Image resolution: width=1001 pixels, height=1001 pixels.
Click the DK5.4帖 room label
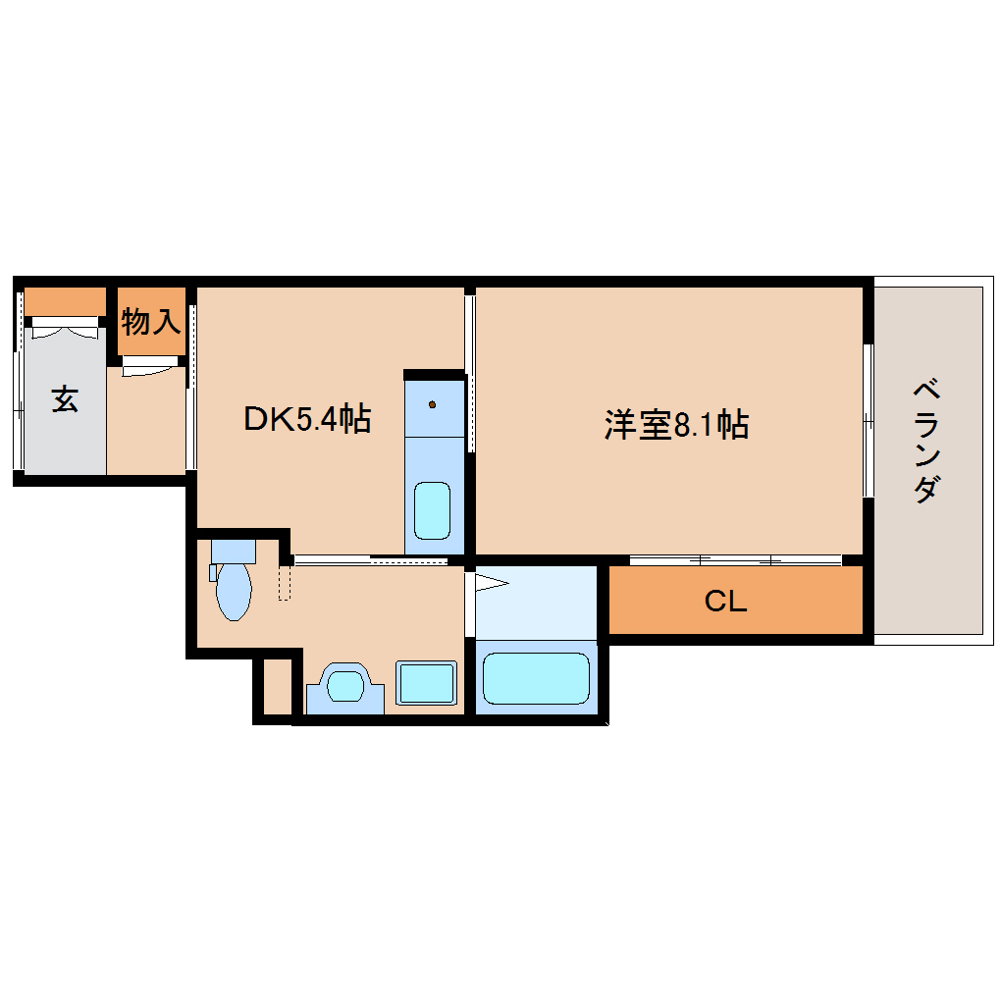[x=306, y=420]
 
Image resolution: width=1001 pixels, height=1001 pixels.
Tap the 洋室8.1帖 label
[x=676, y=425]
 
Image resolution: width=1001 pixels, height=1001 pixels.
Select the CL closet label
[x=725, y=602]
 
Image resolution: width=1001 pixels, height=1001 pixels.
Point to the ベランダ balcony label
[x=928, y=441]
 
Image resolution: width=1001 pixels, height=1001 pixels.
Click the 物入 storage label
[x=151, y=321]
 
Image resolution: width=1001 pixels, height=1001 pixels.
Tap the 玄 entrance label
[x=65, y=399]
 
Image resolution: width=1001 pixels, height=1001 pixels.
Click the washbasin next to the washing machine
[x=345, y=683]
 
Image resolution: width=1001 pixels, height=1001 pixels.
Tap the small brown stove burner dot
[x=432, y=403]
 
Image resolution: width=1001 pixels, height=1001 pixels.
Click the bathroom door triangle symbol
[x=492, y=586]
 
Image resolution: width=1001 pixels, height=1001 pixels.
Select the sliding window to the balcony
[x=868, y=420]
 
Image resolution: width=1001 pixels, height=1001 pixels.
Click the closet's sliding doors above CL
[x=735, y=560]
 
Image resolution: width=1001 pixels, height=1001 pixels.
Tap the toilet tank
[x=233, y=550]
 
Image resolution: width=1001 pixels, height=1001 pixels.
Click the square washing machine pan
[x=427, y=682]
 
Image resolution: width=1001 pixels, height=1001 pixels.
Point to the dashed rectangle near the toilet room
[x=285, y=582]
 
